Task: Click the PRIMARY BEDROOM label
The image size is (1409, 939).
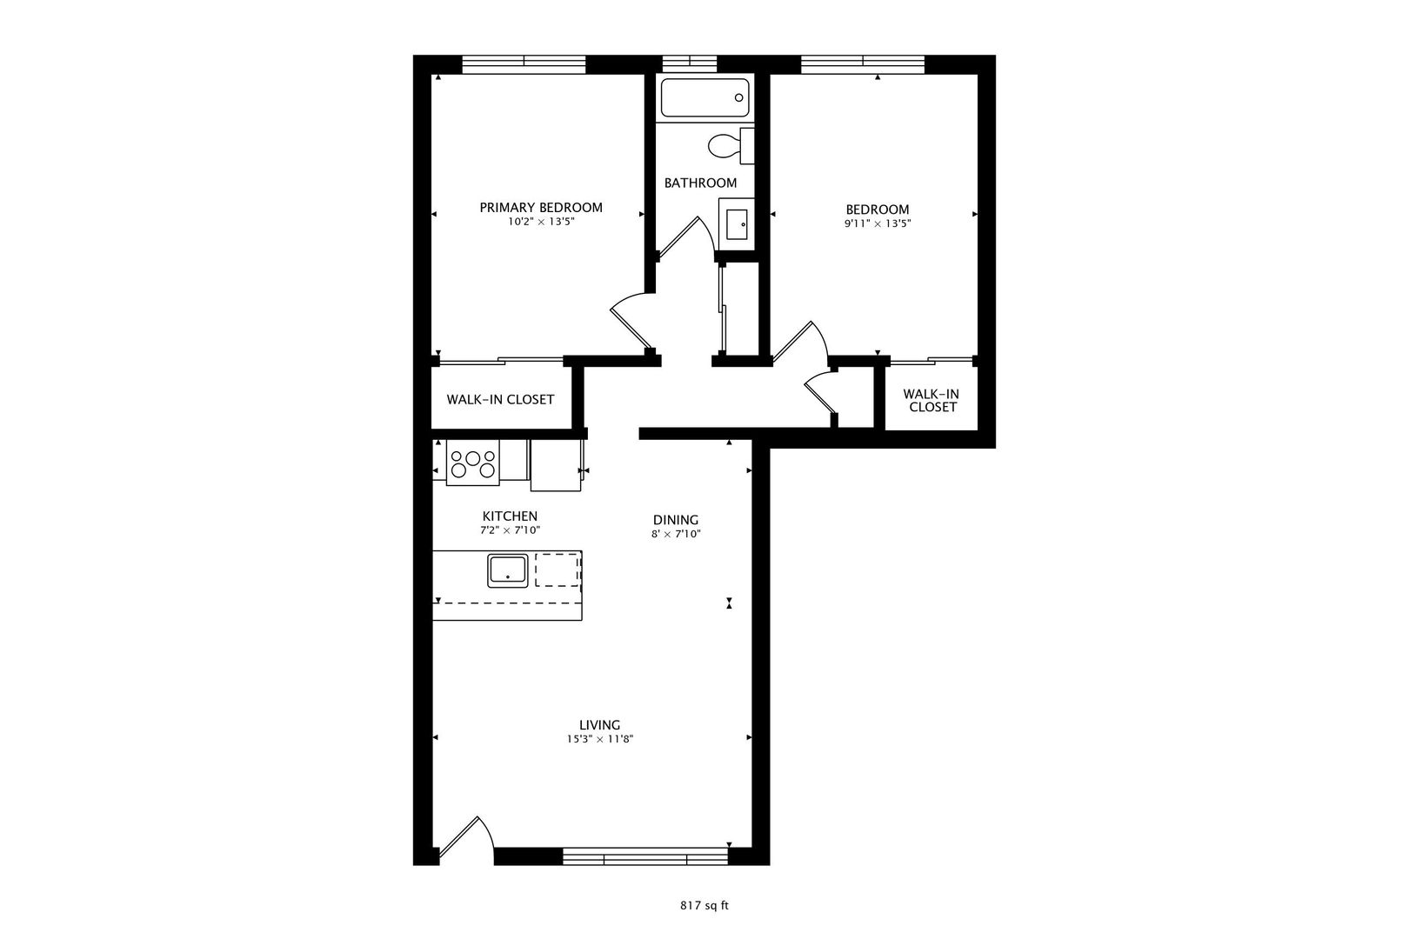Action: [541, 208]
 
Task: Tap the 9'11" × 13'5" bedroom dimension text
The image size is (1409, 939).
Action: [878, 223]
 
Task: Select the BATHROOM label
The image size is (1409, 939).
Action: [700, 183]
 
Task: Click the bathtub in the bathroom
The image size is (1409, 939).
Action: [704, 97]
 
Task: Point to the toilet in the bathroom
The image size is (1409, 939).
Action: [731, 146]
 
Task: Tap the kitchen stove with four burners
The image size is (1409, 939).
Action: [473, 463]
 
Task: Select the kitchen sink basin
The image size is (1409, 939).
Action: [508, 571]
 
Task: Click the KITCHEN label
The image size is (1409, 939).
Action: [511, 516]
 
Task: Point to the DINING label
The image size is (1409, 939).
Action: [676, 520]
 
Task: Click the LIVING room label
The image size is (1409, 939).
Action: [599, 725]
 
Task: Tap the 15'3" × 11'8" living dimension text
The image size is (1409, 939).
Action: [599, 740]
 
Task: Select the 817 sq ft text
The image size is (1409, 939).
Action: [704, 906]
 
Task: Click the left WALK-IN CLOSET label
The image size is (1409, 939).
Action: [500, 400]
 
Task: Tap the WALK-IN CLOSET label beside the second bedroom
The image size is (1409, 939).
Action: [932, 401]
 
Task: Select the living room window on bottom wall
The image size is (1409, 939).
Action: [644, 856]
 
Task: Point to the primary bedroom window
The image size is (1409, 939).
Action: [524, 64]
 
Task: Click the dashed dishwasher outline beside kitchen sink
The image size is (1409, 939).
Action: [558, 570]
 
